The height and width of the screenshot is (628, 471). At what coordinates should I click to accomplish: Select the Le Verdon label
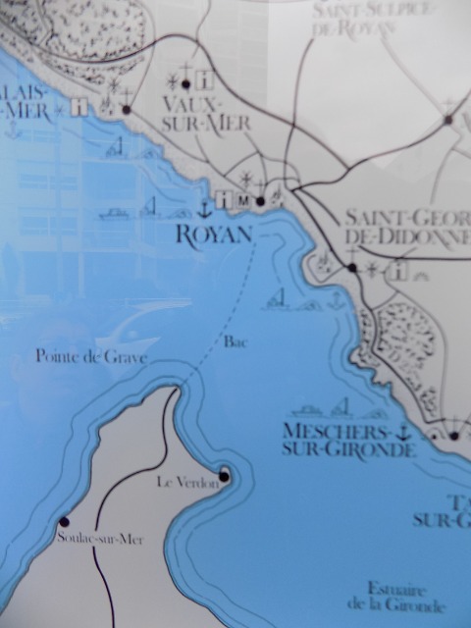tap(184, 482)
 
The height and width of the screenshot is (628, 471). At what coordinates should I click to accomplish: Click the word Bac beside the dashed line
tap(234, 342)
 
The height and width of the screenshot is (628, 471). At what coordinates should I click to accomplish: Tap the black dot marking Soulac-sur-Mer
tap(65, 522)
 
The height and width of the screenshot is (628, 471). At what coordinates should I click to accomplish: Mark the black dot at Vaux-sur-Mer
tap(185, 84)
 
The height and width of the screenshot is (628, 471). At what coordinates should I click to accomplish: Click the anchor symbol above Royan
tap(205, 208)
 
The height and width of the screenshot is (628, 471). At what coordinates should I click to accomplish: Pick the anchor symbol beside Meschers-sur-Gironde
tap(401, 432)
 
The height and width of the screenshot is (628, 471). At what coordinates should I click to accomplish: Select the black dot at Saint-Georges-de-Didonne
tap(350, 268)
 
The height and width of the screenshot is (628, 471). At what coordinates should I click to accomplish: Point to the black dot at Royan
tap(260, 202)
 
